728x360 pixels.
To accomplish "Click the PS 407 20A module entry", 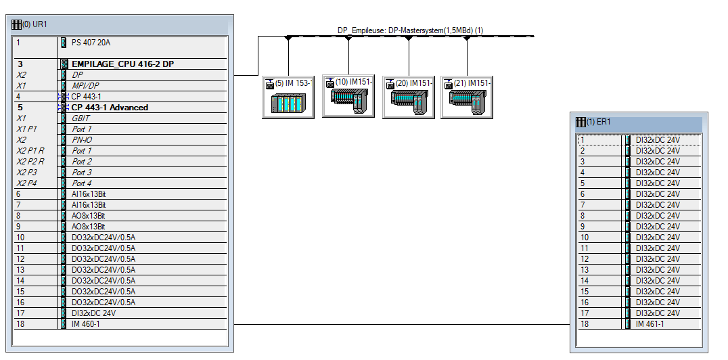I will pos(91,43).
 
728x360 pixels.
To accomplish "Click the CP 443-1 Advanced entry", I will pos(110,108).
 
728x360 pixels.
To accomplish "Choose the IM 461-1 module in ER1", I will pos(650,324).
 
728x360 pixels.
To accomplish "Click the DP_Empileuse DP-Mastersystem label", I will pos(410,30).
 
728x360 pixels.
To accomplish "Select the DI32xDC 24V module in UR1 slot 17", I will pos(93,313).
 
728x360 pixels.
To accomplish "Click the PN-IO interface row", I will pos(83,140).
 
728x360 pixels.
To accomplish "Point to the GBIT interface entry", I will pos(81,118).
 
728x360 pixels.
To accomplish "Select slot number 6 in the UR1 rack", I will pos(20,194).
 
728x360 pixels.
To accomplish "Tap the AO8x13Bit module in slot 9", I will pos(89,227).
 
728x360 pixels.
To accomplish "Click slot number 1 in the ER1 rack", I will pos(582,140).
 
